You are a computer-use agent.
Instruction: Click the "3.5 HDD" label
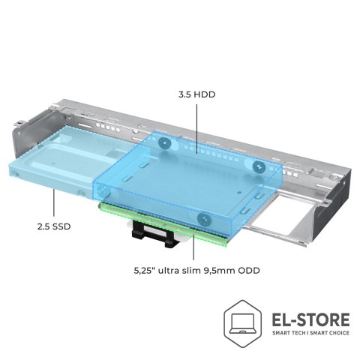pyautogui.click(x=196, y=94)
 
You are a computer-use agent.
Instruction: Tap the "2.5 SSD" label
pyautogui.click(x=54, y=226)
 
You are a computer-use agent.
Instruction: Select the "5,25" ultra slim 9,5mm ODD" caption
pyautogui.click(x=196, y=271)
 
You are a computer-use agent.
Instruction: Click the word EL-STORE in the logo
pyautogui.click(x=310, y=319)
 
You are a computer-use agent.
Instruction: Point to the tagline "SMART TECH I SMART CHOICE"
pyautogui.click(x=310, y=333)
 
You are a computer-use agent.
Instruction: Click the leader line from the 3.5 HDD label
pyautogui.click(x=196, y=129)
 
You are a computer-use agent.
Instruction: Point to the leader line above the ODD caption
pyautogui.click(x=193, y=247)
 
